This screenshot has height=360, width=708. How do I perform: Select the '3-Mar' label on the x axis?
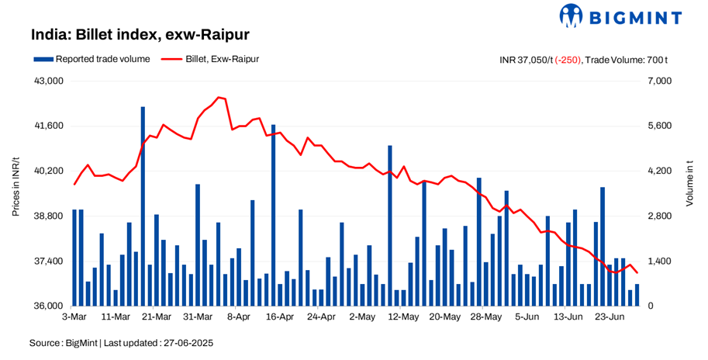click(x=74, y=317)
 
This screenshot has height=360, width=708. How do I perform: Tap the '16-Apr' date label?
click(x=280, y=317)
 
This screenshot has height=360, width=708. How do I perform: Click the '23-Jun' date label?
click(x=610, y=317)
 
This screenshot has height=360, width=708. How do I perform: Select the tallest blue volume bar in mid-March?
click(x=143, y=206)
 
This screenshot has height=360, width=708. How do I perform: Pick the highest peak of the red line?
click(x=219, y=97)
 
